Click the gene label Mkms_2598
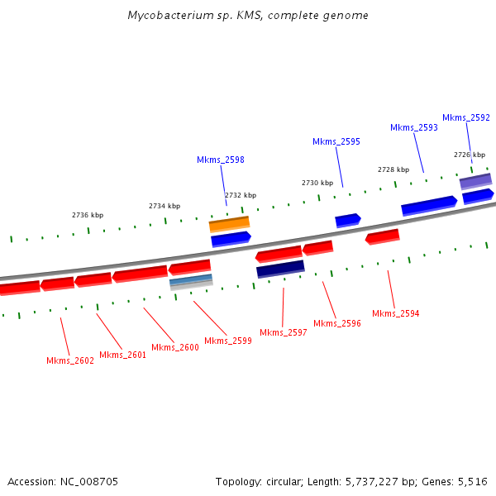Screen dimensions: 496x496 click(x=221, y=160)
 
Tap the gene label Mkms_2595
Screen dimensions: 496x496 click(x=336, y=141)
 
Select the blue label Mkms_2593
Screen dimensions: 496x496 click(x=414, y=127)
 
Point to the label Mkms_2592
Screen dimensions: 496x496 click(x=466, y=117)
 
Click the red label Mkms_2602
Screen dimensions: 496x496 click(x=70, y=360)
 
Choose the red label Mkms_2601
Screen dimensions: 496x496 click(x=122, y=355)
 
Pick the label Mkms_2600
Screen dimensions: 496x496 click(x=175, y=347)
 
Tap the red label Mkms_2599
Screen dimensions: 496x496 click(x=228, y=341)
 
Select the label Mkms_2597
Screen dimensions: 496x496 click(x=284, y=332)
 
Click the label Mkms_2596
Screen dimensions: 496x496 click(x=337, y=323)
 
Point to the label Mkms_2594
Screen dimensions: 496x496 click(x=395, y=313)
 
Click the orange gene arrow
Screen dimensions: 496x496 click(x=229, y=223)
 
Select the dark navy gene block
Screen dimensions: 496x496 click(x=280, y=269)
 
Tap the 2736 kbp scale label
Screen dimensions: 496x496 click(x=88, y=215)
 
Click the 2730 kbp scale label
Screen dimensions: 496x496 click(x=317, y=183)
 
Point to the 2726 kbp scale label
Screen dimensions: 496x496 click(x=469, y=155)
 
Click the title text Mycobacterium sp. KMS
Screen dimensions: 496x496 click(x=211, y=16)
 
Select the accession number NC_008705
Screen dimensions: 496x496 click(x=88, y=481)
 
